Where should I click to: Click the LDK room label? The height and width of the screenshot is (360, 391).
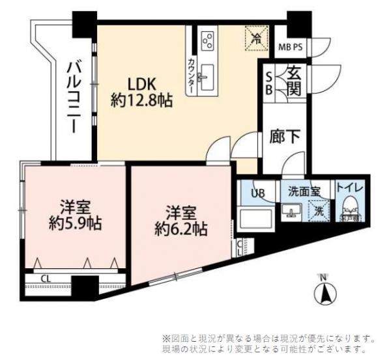pyautogui.click(x=141, y=85)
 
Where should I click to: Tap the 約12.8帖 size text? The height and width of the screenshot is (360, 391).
pyautogui.click(x=141, y=101)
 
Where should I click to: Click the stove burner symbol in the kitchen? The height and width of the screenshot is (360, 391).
pyautogui.click(x=209, y=40)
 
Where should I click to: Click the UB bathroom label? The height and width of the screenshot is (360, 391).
pyautogui.click(x=259, y=193)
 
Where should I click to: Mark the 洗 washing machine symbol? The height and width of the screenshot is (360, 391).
pyautogui.click(x=319, y=212)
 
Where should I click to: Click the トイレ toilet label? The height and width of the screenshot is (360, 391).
pyautogui.click(x=350, y=187)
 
